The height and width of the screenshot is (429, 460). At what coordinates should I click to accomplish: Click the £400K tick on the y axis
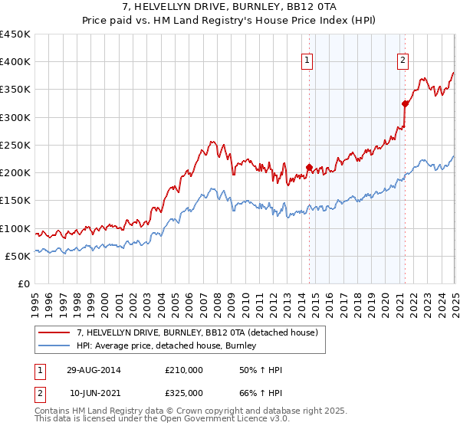point(15,62)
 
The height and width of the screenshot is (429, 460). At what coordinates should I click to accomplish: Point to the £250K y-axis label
point(15,145)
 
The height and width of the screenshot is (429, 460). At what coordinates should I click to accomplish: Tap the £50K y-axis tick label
point(18,256)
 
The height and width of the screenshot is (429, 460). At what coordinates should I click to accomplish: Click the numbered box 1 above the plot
point(307,61)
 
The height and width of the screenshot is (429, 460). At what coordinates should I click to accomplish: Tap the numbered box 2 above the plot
point(403,61)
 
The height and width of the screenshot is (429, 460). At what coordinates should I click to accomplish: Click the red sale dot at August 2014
point(309,167)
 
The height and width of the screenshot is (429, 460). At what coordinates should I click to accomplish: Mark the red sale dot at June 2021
point(404,103)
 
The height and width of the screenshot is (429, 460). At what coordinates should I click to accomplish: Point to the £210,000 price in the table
point(183,370)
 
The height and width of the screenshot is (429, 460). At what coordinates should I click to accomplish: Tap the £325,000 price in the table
point(183,393)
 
